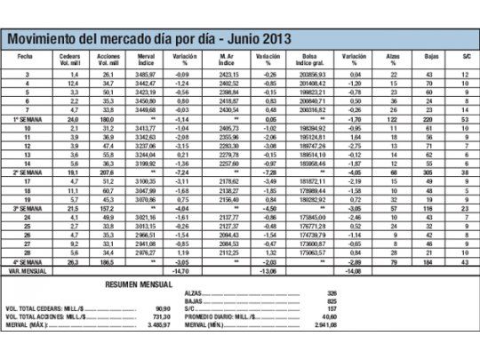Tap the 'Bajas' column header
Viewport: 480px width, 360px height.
[431, 56]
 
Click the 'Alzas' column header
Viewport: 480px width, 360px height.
[393, 56]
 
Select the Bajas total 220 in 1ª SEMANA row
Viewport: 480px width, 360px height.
[431, 117]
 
